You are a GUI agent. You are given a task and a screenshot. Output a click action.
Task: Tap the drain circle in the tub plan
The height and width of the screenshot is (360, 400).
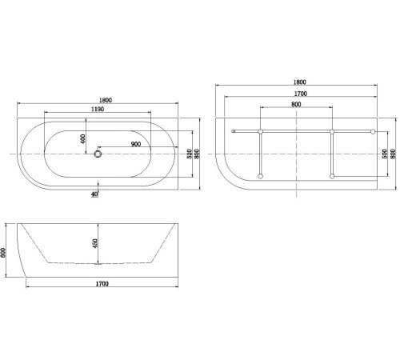(x=99, y=153)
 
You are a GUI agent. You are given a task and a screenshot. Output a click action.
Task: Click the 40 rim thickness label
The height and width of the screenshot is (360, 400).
(x=95, y=194)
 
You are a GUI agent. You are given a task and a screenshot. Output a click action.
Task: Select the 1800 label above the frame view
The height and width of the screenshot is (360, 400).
(x=300, y=82)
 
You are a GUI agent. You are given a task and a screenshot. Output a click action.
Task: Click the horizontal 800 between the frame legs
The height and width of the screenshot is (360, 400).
(x=296, y=104)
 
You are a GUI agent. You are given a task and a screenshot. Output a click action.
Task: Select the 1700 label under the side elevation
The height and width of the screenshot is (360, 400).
(x=102, y=284)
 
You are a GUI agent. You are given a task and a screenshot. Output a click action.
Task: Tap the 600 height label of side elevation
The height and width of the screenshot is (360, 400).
(x=5, y=251)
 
